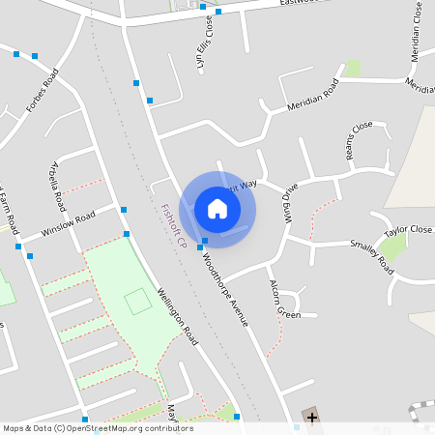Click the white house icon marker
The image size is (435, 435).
tap(217, 209)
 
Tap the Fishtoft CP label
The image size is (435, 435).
tap(174, 225)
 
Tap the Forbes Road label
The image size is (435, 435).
tap(43, 89)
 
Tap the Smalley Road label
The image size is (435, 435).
tap(371, 255)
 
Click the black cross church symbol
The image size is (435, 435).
tap(312, 417)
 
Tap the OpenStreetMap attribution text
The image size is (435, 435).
tap(97, 428)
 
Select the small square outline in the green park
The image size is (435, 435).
tap(138, 301)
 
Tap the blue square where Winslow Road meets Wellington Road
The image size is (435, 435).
tap(124, 209)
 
